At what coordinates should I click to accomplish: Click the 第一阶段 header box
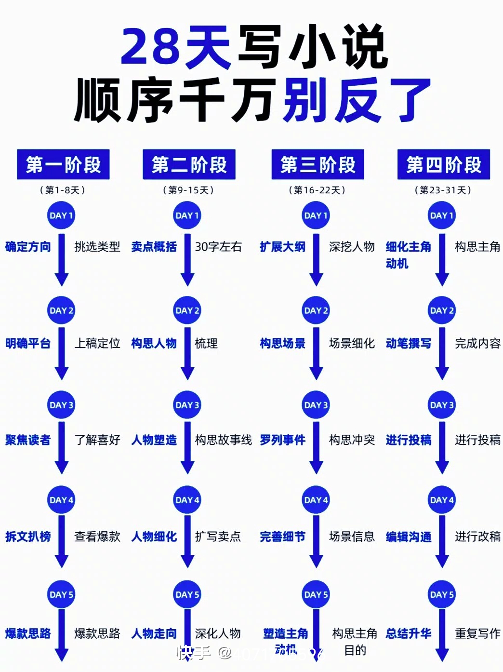(x=63, y=164)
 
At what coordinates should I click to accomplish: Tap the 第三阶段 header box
(x=318, y=164)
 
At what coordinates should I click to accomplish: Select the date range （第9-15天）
(x=188, y=190)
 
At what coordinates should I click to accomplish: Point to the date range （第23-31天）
(x=443, y=190)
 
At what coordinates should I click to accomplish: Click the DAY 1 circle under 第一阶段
(x=61, y=215)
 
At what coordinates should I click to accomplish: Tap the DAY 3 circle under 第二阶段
(x=187, y=405)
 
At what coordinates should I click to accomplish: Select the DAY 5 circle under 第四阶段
(x=442, y=594)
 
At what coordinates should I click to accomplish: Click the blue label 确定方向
(x=28, y=247)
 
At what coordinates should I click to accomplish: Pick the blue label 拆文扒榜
(x=28, y=536)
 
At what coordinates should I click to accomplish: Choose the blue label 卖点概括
(x=154, y=247)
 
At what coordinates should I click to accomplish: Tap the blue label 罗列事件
(x=282, y=440)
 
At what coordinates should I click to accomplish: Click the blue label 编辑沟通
(x=409, y=537)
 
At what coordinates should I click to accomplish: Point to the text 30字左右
(x=218, y=247)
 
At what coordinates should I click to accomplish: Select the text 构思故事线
(x=224, y=440)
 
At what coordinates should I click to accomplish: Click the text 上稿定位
(x=97, y=343)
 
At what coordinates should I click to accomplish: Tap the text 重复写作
(x=477, y=633)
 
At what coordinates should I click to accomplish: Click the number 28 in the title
(x=150, y=47)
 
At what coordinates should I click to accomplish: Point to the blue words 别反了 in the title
(x=357, y=100)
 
